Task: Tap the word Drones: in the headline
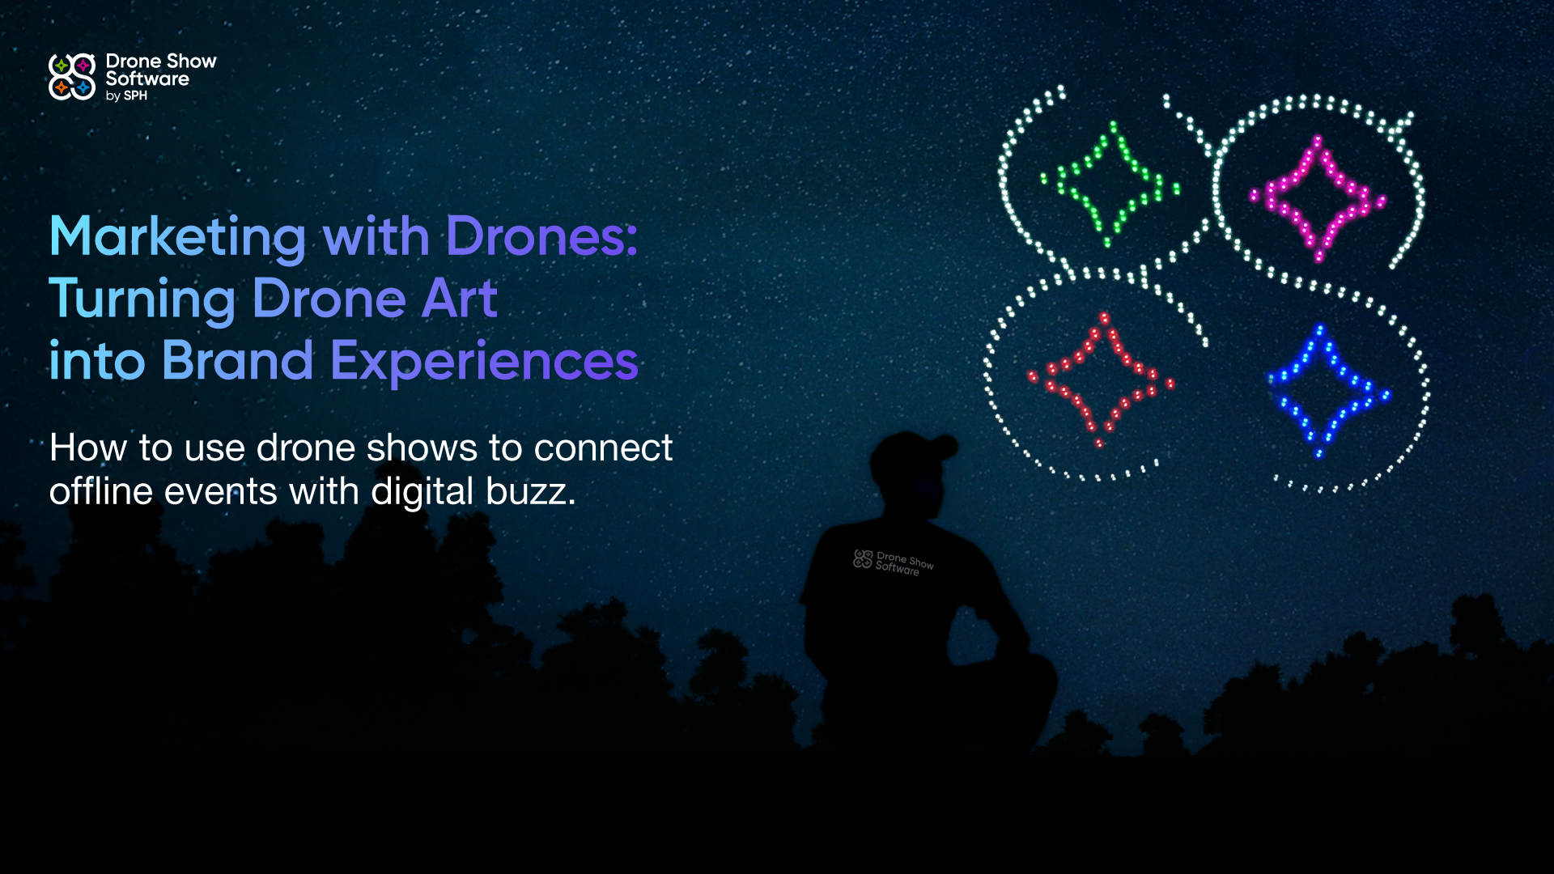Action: [x=541, y=237]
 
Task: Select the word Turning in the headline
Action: [x=142, y=299]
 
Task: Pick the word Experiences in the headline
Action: [x=484, y=362]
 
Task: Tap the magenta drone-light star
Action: [x=1317, y=198]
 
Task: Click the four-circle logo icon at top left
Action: [x=72, y=77]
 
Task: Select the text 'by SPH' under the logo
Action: [x=126, y=95]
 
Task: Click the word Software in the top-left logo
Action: [x=147, y=78]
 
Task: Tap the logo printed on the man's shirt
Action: [x=893, y=562]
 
